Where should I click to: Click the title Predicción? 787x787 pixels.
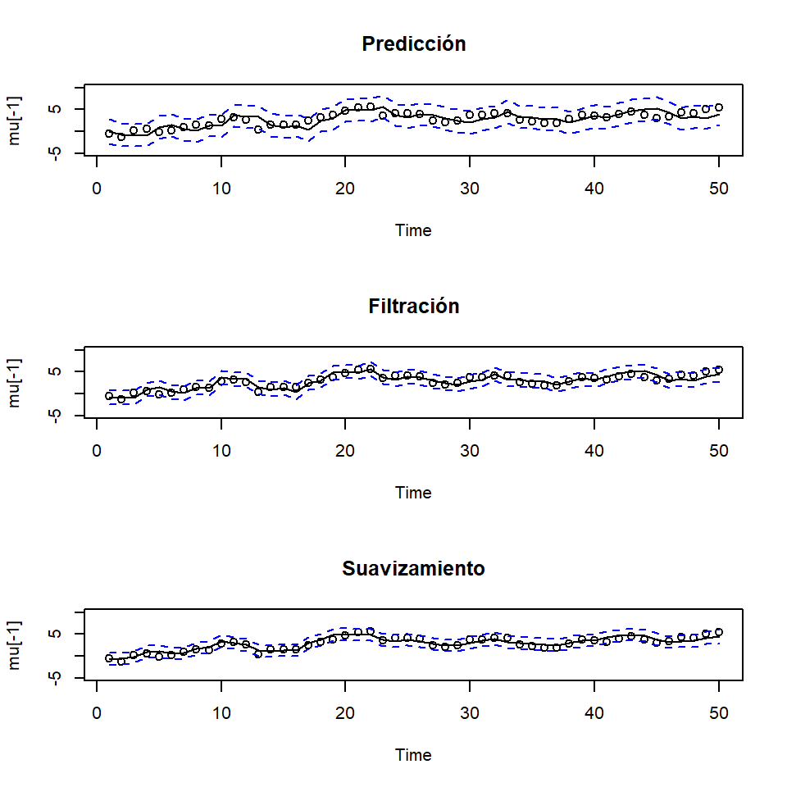[x=413, y=44]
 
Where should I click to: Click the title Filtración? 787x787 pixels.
[x=413, y=307]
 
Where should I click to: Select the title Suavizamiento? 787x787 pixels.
[x=413, y=569]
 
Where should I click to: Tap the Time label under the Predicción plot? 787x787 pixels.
[x=413, y=230]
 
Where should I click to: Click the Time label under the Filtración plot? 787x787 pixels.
[x=413, y=493]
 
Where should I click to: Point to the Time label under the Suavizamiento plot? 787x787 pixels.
[x=413, y=755]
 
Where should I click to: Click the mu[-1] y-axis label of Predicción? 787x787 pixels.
[x=15, y=120]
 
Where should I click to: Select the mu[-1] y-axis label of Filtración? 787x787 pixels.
[x=15, y=382]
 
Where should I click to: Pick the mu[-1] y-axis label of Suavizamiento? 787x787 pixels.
[x=15, y=644]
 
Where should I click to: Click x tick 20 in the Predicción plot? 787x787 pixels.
[x=346, y=186]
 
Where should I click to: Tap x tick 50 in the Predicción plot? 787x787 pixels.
[x=719, y=186]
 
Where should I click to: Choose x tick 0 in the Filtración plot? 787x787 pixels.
[x=97, y=448]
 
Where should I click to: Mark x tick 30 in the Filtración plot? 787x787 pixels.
[x=470, y=448]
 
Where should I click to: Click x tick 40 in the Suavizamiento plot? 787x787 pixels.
[x=594, y=711]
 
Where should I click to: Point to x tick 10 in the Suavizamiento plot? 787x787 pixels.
[x=221, y=711]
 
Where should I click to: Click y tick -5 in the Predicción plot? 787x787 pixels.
[x=57, y=153]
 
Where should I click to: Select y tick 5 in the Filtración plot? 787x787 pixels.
[x=57, y=371]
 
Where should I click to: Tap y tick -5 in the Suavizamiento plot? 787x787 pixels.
[x=57, y=678]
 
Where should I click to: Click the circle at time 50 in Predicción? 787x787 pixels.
[x=719, y=107]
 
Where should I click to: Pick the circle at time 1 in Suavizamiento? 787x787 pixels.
[x=109, y=658]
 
